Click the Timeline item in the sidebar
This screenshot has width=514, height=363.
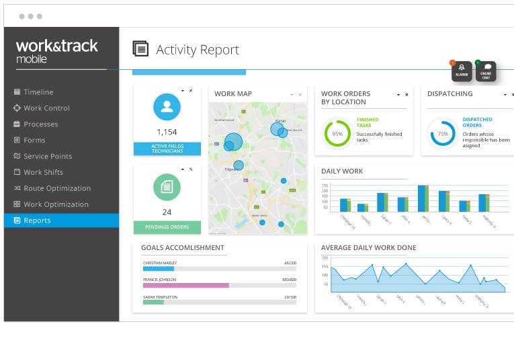[x=38, y=92]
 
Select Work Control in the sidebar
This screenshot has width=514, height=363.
[x=46, y=108]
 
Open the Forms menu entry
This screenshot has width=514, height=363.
[x=34, y=140]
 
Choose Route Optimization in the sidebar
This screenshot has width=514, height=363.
[x=57, y=188]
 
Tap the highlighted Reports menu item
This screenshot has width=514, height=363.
[x=37, y=220]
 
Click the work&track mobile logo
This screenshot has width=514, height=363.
[x=57, y=50]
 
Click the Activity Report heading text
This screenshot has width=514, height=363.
[x=198, y=50]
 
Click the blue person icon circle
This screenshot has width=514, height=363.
[x=167, y=107]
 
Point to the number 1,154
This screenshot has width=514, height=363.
[x=167, y=132]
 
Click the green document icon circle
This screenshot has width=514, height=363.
[x=167, y=187]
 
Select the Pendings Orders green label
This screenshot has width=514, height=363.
[x=167, y=227]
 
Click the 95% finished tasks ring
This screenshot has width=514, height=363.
[x=337, y=133]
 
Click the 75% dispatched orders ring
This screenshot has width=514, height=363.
[x=443, y=133]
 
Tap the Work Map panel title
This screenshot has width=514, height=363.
[x=233, y=94]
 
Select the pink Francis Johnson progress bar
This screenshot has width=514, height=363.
[x=186, y=285]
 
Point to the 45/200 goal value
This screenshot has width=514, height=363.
[x=290, y=263]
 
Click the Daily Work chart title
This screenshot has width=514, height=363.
[x=342, y=171]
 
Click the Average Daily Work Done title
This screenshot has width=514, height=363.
[x=368, y=248]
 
